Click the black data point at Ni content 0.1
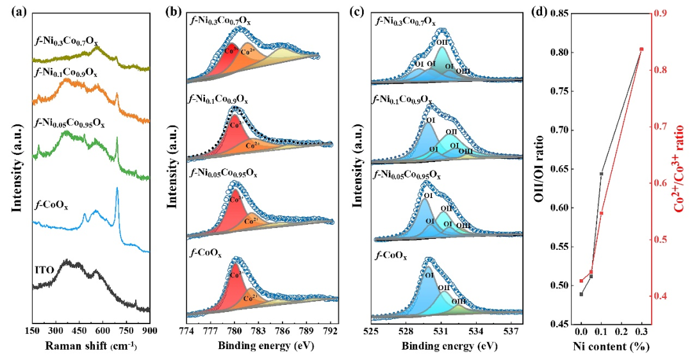(x=601, y=174)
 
